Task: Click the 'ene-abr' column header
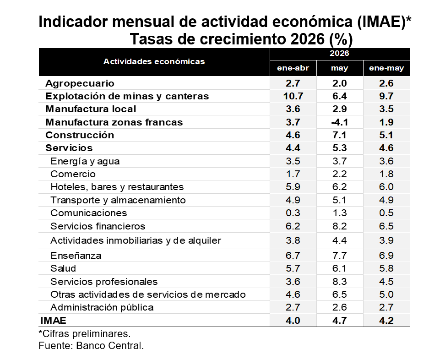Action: pyautogui.click(x=293, y=68)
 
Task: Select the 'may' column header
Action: pyautogui.click(x=340, y=68)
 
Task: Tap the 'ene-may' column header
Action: pyautogui.click(x=386, y=68)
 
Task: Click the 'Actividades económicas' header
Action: pyautogui.click(x=154, y=61)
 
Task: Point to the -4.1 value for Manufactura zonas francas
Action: pyautogui.click(x=340, y=122)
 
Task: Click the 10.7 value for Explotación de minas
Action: pyautogui.click(x=293, y=96)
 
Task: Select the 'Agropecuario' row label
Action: pyautogui.click(x=80, y=83)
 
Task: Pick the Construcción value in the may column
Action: pyautogui.click(x=340, y=135)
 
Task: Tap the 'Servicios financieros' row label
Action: pyautogui.click(x=98, y=226)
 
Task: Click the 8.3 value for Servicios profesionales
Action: pyautogui.click(x=340, y=281)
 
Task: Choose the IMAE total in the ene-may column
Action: pyautogui.click(x=386, y=321)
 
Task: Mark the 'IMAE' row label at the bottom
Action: pyautogui.click(x=53, y=321)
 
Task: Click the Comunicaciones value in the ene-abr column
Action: pyautogui.click(x=293, y=213)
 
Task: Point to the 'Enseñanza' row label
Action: pyautogui.click(x=76, y=256)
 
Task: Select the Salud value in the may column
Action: pyautogui.click(x=340, y=268)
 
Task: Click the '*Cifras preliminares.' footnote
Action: pyautogui.click(x=85, y=333)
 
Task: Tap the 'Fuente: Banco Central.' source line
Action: pyautogui.click(x=91, y=345)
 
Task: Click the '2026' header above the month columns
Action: pyautogui.click(x=340, y=53)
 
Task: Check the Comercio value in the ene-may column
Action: pyautogui.click(x=386, y=174)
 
